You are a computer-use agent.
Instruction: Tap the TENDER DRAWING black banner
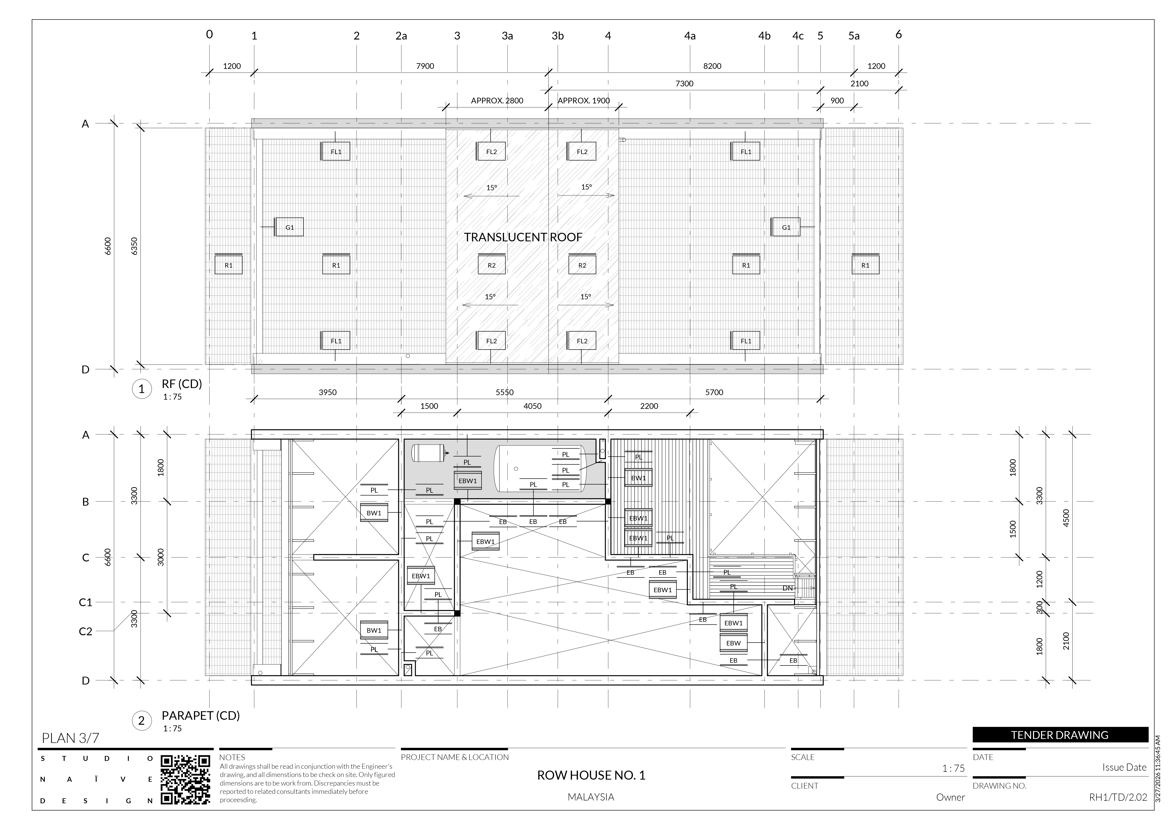pos(1060,735)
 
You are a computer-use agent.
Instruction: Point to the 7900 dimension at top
pos(425,66)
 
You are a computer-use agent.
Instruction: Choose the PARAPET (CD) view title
pos(200,715)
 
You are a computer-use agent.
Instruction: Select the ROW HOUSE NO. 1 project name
pos(591,775)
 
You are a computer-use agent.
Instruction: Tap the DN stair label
pos(787,588)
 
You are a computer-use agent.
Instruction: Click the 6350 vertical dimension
pos(134,246)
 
